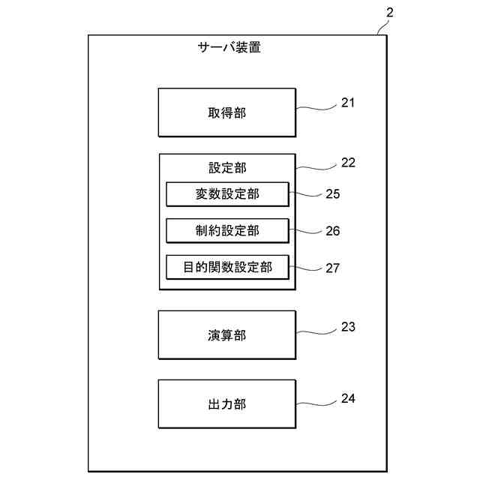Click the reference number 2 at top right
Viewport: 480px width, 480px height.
pyautogui.click(x=388, y=13)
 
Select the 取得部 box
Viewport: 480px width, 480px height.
pyautogui.click(x=226, y=112)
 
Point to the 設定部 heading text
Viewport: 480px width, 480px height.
pyautogui.click(x=226, y=167)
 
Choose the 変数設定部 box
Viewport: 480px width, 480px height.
pyautogui.click(x=226, y=194)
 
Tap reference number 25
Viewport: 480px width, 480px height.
pyautogui.click(x=332, y=194)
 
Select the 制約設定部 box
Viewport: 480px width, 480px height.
pyautogui.click(x=226, y=230)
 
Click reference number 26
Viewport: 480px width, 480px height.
pyautogui.click(x=332, y=231)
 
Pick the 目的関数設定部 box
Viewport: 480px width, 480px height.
pyautogui.click(x=226, y=267)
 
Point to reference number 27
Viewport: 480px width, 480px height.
pyautogui.click(x=332, y=267)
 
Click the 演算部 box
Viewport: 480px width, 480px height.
pyautogui.click(x=226, y=335)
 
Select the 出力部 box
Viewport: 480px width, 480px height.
pyautogui.click(x=226, y=404)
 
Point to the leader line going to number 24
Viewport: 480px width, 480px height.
pyautogui.click(x=315, y=403)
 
